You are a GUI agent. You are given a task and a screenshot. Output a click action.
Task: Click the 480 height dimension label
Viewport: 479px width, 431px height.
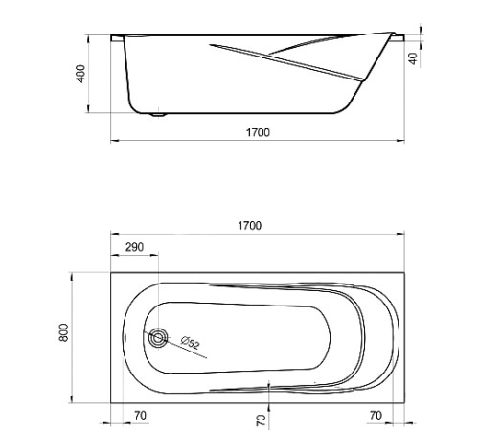81,74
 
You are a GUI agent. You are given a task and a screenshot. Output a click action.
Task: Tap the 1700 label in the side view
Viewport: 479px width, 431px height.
258,132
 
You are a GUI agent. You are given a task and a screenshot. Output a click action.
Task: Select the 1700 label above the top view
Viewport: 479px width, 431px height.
250,226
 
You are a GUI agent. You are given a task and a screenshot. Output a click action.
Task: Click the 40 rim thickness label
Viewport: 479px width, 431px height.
413,58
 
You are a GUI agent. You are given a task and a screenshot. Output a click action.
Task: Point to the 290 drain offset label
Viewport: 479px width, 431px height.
134,247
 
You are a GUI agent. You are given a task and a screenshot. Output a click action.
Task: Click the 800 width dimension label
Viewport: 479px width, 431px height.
64,332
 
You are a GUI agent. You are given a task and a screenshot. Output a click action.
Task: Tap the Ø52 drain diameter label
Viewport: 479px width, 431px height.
191,343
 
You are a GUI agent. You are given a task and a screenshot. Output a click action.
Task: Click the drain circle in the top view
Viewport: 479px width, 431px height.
158,338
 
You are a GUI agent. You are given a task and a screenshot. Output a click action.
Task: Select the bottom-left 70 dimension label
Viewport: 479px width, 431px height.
140,416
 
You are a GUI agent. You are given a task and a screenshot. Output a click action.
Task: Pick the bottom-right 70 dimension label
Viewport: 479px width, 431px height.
376,416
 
